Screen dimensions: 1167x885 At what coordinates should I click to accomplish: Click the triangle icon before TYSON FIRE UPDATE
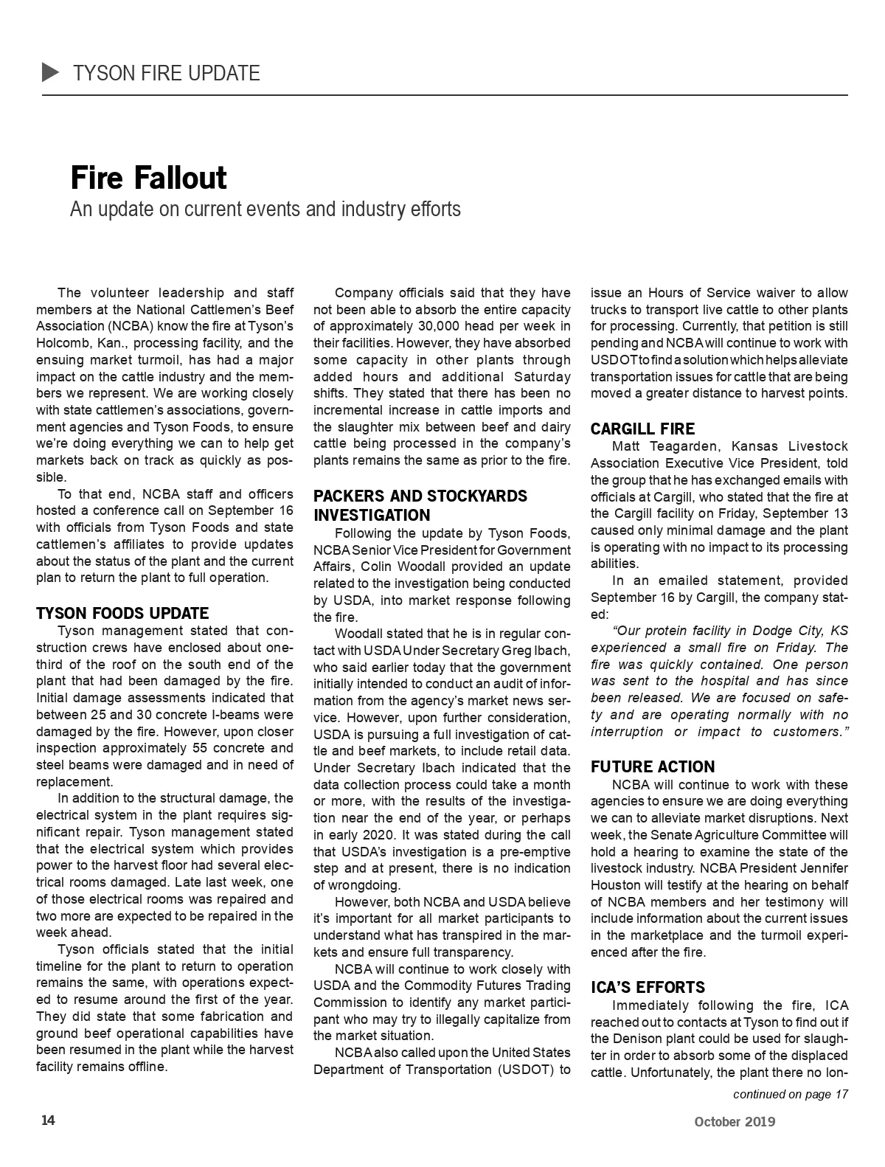point(51,72)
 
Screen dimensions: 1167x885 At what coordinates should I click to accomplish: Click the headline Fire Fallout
point(148,178)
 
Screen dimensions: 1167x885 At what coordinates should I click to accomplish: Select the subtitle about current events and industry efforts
point(265,209)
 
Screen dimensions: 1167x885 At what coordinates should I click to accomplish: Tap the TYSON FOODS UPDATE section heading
point(122,613)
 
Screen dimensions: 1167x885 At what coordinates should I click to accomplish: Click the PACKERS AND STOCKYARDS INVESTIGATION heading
point(420,505)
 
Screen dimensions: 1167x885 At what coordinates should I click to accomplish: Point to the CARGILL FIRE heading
point(642,429)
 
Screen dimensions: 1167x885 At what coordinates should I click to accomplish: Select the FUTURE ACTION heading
point(653,766)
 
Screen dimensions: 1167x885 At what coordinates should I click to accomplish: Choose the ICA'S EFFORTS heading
point(648,987)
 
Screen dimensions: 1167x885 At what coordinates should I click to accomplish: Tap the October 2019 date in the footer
point(735,1122)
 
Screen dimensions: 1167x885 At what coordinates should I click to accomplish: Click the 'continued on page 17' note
point(790,1094)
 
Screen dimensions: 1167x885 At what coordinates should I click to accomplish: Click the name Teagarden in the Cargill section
point(679,446)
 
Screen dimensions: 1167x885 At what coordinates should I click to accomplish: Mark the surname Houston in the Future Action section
point(617,884)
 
